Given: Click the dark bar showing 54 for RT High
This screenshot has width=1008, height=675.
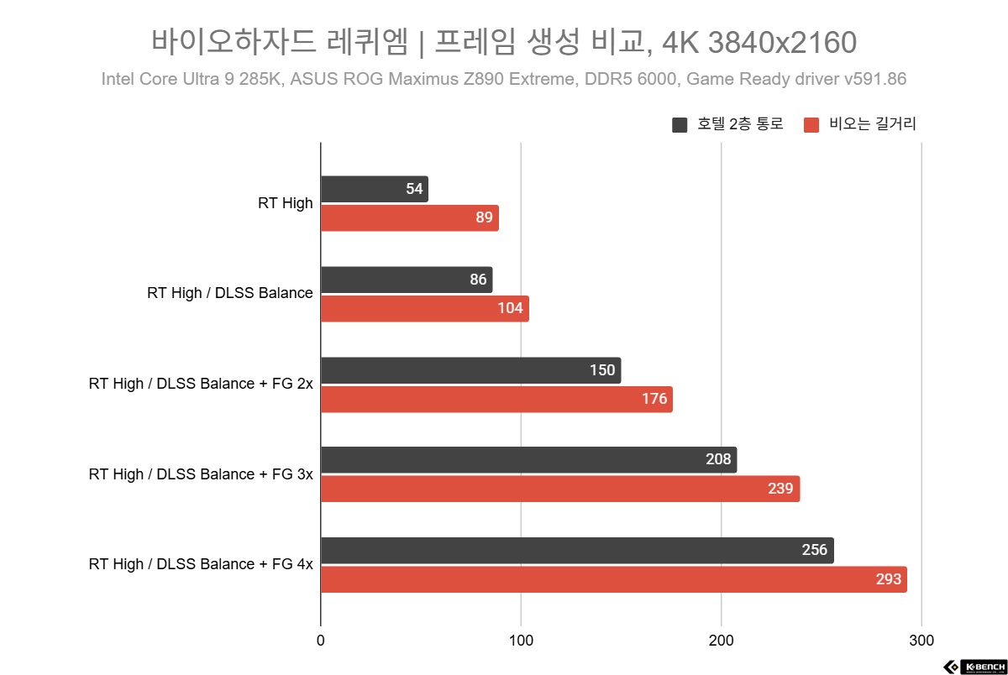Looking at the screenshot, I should [375, 189].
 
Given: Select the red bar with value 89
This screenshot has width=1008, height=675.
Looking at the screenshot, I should [410, 218].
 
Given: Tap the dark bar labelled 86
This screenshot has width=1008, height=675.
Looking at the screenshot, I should [407, 280].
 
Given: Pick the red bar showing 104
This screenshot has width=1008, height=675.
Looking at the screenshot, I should [425, 309].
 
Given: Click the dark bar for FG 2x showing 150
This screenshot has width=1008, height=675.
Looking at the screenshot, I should [470, 370].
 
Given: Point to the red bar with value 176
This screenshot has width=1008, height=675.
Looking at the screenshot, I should [496, 399].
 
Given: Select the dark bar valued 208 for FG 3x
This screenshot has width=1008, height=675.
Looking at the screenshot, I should [528, 460].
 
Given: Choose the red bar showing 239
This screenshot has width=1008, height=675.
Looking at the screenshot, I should [560, 489].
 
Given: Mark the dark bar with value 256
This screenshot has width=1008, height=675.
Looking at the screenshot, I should [577, 551].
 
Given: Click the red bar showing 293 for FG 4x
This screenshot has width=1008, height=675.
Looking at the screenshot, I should [614, 579].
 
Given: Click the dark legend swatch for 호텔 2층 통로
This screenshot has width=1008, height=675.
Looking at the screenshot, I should [680, 125].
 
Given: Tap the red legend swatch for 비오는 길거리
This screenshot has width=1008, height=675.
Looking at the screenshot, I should [811, 125].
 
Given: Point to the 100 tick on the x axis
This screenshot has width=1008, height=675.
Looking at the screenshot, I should [521, 641].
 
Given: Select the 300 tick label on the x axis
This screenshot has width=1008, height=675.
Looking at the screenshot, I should [921, 641].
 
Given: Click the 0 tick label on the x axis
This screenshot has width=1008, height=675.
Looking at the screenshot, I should [321, 641].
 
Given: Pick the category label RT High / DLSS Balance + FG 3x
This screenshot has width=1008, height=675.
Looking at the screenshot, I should [201, 474].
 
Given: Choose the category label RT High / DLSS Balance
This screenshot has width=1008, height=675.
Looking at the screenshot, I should [229, 293].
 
